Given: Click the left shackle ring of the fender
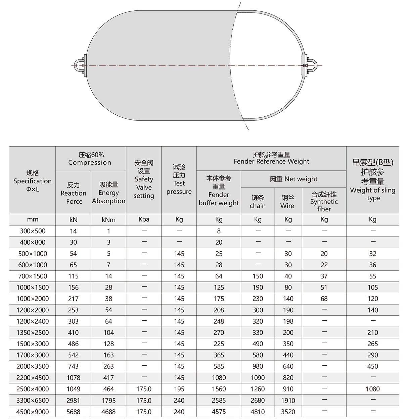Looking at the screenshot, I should click(x=78, y=65).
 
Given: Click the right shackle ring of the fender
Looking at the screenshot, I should click(x=312, y=65).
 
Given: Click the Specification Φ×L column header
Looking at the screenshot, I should click(x=33, y=181).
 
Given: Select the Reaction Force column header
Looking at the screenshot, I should click(x=74, y=193).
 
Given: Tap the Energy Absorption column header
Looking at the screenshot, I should click(x=108, y=193).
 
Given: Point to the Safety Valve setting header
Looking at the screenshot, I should click(x=144, y=179).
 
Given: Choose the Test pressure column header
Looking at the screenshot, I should click(x=179, y=179).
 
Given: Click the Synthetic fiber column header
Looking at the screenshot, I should click(x=324, y=201).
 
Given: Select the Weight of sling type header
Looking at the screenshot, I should click(x=373, y=180).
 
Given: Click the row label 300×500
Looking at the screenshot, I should click(x=33, y=231).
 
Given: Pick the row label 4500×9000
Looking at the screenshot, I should click(x=33, y=412).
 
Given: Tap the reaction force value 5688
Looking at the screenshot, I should click(x=74, y=412).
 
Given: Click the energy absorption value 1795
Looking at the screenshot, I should click(x=108, y=401).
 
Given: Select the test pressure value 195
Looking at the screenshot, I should click(x=179, y=389).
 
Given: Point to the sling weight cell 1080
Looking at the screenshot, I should click(x=373, y=389).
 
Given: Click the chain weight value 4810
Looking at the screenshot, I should click(x=258, y=412).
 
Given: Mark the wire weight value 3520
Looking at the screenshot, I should click(x=288, y=412).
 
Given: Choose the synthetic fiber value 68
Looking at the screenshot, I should click(x=324, y=299).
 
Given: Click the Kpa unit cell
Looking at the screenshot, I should click(x=144, y=219).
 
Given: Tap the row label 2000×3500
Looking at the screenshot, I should click(x=33, y=366).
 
